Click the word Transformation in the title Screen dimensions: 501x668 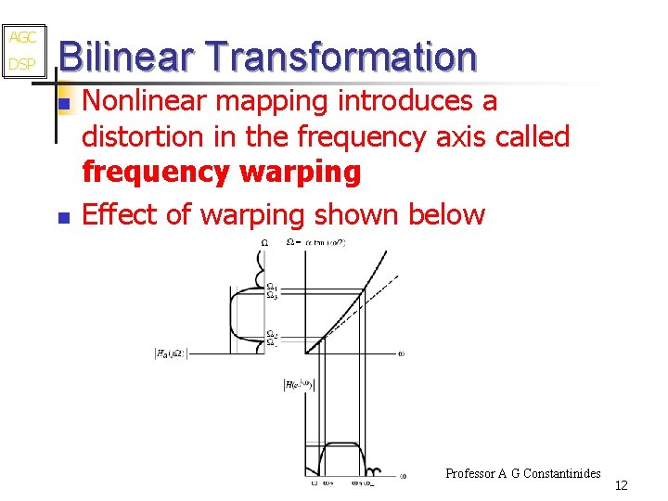tap(342, 57)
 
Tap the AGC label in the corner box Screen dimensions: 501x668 tap(22, 38)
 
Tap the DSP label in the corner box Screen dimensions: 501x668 tap(22, 65)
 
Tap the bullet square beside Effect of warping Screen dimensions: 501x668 tap(63, 219)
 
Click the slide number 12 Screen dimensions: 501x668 tap(622, 485)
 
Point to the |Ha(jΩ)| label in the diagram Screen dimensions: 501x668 tap(173, 353)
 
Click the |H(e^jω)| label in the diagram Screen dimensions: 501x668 tap(300, 384)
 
